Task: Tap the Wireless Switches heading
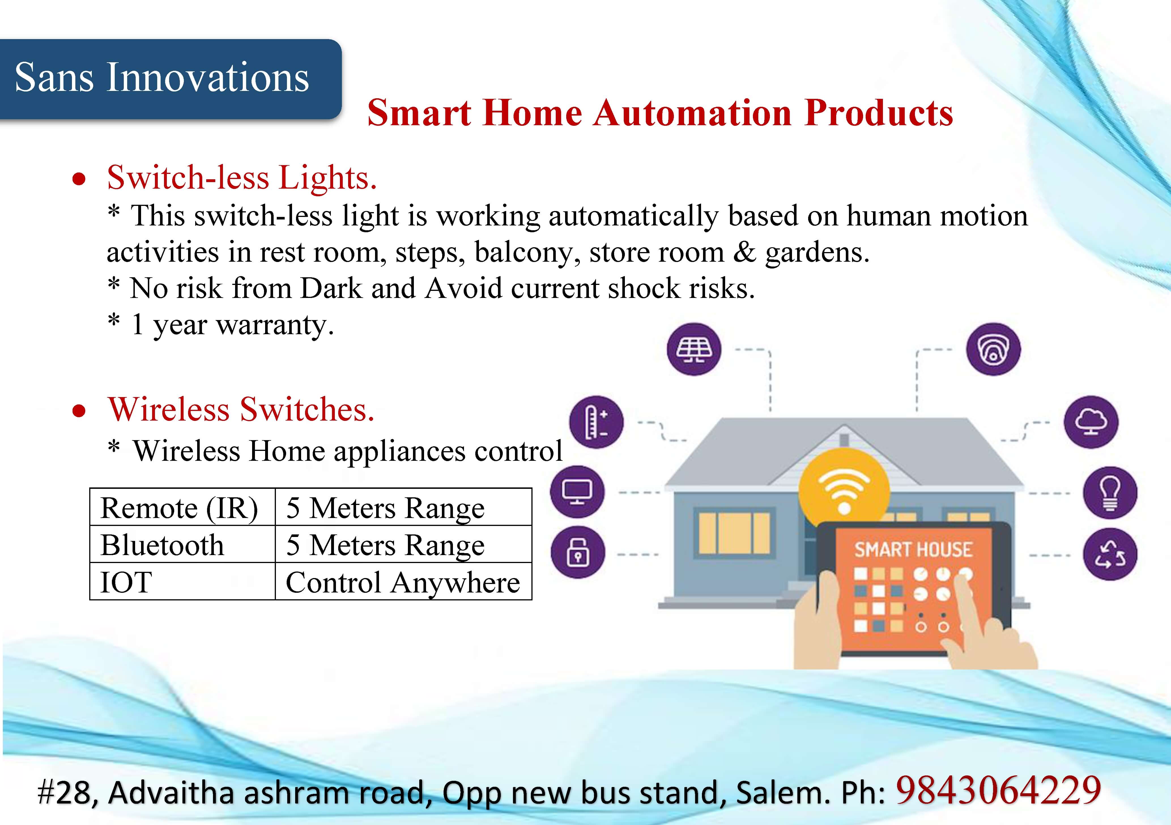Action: pyautogui.click(x=241, y=410)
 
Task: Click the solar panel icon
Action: pyautogui.click(x=694, y=349)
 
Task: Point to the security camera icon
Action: pyautogui.click(x=993, y=349)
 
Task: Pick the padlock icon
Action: pyautogui.click(x=578, y=552)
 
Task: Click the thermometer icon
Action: pyautogui.click(x=596, y=422)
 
